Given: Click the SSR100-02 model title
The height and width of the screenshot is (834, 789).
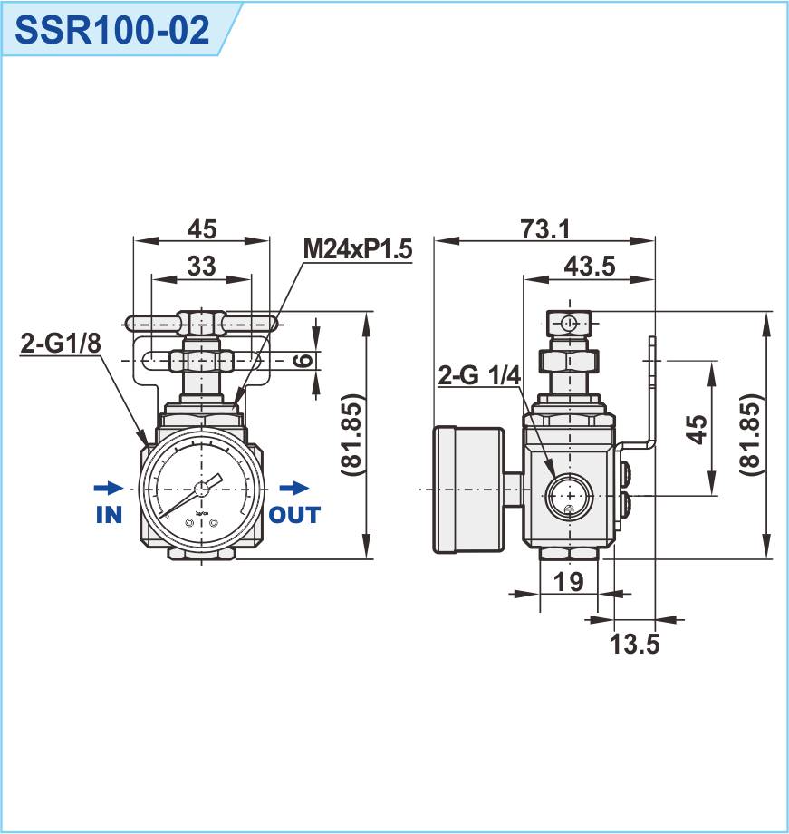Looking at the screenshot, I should click(113, 29).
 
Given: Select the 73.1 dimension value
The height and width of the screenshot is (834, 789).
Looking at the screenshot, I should click(544, 229).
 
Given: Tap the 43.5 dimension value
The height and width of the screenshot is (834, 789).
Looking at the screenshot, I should click(589, 266).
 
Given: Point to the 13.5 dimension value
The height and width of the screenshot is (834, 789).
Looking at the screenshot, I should click(633, 645).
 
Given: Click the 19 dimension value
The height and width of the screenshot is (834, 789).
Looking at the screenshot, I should click(568, 582).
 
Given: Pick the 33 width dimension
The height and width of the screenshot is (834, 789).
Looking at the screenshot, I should click(201, 266).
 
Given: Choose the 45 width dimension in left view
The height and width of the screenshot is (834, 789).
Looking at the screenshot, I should click(201, 229).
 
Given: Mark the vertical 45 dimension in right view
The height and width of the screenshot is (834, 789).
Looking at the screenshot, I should click(695, 429).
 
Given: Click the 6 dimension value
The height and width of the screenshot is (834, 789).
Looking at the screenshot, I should click(305, 360).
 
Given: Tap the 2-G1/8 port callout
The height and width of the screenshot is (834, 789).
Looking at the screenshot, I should click(60, 344).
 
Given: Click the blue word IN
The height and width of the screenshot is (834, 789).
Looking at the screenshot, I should click(109, 515).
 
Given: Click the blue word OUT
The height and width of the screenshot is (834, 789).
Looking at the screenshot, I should click(294, 515).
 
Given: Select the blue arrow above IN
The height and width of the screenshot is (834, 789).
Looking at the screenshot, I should click(106, 488).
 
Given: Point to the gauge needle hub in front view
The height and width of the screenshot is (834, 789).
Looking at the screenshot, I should click(201, 490).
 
